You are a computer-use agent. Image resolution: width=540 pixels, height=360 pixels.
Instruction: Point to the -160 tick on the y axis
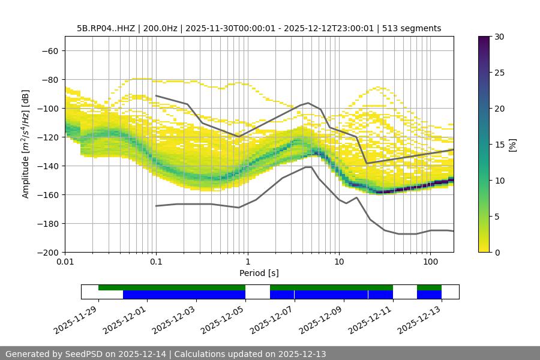coord(48,194)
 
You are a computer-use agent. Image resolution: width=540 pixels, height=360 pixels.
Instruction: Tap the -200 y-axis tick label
coord(48,252)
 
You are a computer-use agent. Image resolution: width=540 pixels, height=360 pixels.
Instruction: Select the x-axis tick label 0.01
coord(65,262)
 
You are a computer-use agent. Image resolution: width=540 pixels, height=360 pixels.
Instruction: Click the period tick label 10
coord(339,262)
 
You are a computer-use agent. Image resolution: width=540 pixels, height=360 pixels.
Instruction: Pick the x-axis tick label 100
coord(430,262)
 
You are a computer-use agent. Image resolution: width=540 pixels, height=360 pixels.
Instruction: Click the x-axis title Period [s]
coord(259,273)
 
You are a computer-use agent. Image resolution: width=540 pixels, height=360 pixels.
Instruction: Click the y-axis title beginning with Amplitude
coord(26,144)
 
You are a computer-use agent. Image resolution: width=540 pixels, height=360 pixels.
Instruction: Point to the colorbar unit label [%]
coord(512,144)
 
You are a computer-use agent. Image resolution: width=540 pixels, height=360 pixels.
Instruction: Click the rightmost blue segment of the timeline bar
coord(429,295)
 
